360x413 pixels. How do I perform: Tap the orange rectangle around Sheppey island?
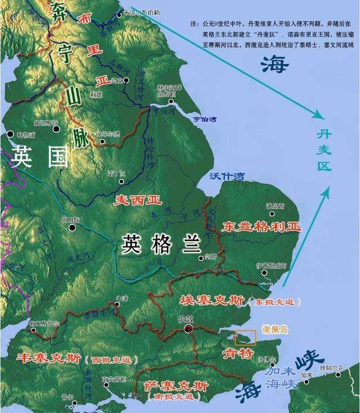click(245, 337)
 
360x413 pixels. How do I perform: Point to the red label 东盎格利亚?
click(262, 227)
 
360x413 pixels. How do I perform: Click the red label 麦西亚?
click(138, 200)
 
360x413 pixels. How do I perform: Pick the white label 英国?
click(39, 156)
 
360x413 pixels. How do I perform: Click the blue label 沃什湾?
click(227, 176)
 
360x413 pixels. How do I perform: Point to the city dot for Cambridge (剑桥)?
click(202, 258)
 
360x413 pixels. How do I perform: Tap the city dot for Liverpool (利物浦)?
click(11, 134)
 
